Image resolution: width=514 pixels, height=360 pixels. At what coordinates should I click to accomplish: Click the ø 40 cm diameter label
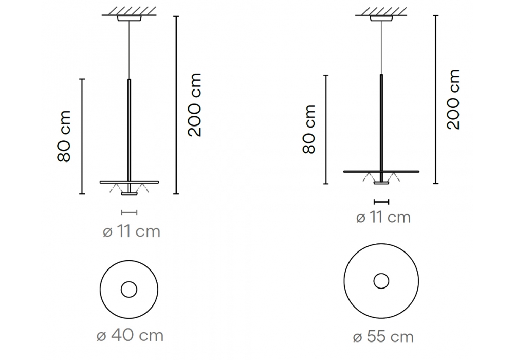(x=130, y=335)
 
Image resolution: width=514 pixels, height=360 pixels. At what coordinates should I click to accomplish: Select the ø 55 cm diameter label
(x=383, y=337)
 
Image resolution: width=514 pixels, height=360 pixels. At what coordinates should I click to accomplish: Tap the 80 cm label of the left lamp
(x=64, y=136)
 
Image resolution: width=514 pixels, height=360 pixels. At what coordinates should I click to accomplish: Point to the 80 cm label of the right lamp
(x=309, y=129)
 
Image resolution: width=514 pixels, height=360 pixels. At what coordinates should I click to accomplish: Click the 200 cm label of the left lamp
(x=195, y=104)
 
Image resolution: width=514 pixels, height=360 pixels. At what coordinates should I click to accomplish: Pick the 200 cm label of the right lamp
(x=454, y=99)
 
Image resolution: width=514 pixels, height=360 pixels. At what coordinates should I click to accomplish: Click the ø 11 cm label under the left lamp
(x=132, y=231)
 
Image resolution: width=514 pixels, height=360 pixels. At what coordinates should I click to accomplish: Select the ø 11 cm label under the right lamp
(x=383, y=218)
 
